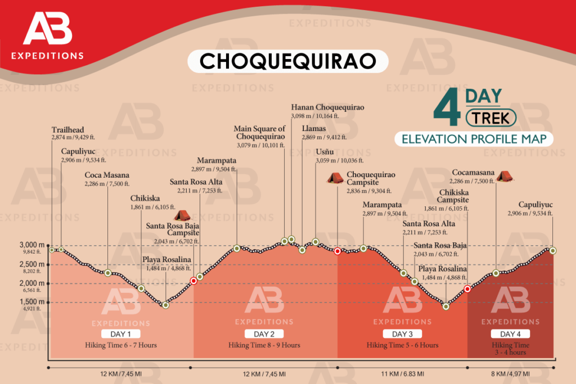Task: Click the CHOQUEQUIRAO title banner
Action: tap(287, 61)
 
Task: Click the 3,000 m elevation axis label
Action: tap(31, 246)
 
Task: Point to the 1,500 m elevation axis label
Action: tap(31, 302)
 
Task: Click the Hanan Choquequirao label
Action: tap(327, 107)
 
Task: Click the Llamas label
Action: tap(313, 129)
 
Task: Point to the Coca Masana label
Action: tap(107, 175)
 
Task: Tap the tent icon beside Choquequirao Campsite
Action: tap(336, 178)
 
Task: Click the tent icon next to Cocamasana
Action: tap(503, 176)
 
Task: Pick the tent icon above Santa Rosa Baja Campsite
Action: tap(182, 215)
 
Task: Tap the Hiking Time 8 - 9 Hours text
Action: tap(264, 345)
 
